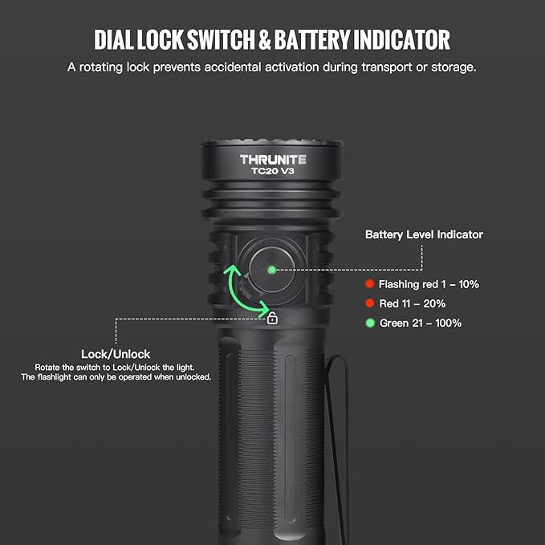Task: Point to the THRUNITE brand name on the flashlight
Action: pyautogui.click(x=272, y=159)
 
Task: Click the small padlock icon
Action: pyautogui.click(x=272, y=319)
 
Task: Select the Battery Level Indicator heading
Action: pyautogui.click(x=424, y=234)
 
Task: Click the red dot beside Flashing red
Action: pyautogui.click(x=369, y=284)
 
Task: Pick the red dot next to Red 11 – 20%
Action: pyautogui.click(x=369, y=303)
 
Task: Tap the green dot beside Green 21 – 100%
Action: pyautogui.click(x=369, y=323)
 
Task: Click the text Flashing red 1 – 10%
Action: pyautogui.click(x=429, y=284)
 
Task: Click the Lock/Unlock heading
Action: pyautogui.click(x=116, y=354)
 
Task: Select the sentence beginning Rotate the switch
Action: pyautogui.click(x=116, y=367)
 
